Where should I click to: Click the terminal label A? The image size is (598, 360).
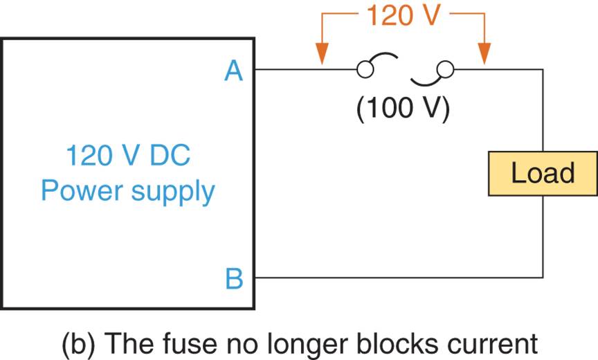234,70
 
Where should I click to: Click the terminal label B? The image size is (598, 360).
234,279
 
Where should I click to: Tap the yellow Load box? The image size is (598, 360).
543,173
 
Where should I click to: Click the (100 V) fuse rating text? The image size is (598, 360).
403,109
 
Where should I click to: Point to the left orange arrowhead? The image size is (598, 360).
321,55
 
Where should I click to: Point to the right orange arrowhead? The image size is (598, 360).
484,55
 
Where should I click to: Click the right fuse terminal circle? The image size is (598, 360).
446,69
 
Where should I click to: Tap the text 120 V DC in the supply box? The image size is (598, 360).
128,156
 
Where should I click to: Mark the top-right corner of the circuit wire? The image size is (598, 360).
543,69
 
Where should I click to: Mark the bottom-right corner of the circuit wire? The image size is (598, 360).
543,278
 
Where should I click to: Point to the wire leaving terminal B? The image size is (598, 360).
395,278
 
